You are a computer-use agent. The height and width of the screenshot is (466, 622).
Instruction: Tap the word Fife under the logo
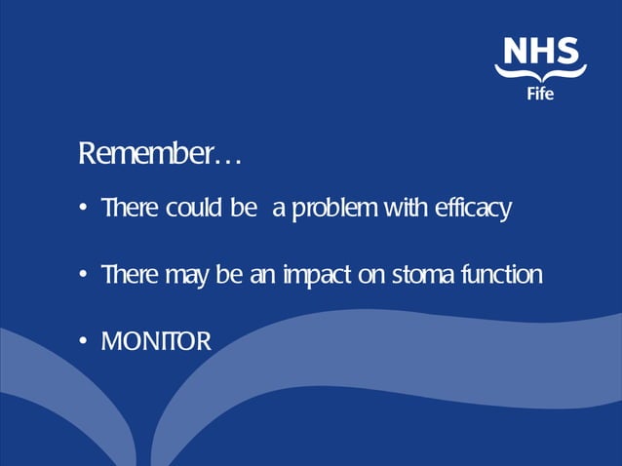[541, 95]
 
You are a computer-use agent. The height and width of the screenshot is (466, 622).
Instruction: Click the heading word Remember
[145, 154]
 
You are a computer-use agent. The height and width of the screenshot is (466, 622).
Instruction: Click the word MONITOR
[155, 341]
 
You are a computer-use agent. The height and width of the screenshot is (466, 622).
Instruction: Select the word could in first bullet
[192, 209]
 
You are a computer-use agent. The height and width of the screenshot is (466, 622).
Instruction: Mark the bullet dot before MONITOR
[85, 341]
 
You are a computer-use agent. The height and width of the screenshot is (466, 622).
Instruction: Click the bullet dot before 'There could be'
[85, 210]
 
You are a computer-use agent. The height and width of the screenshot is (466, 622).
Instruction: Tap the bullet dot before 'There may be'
[85, 276]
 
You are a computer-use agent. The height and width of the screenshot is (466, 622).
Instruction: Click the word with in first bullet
[405, 209]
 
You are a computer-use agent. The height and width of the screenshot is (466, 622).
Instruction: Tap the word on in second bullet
[373, 277]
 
